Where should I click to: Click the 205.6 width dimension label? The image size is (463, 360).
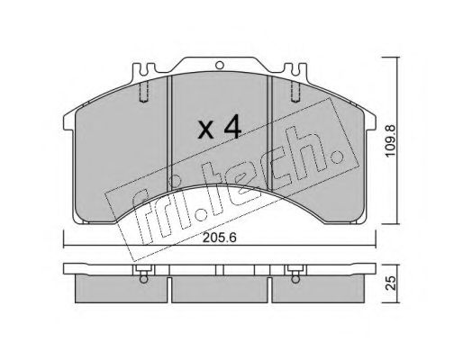(220, 238)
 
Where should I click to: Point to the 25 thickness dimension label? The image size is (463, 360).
(391, 283)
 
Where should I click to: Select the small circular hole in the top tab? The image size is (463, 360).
(220, 65)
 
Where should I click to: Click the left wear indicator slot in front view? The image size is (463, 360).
(144, 92)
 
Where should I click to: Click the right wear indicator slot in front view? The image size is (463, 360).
(295, 92)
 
